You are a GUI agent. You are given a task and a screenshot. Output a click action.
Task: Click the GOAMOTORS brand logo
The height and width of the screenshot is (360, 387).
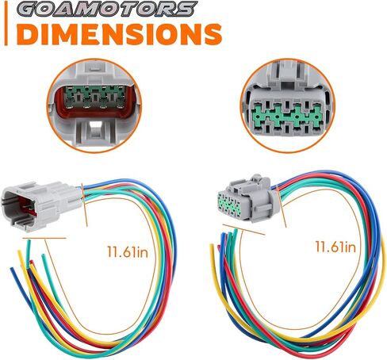coord(108,9)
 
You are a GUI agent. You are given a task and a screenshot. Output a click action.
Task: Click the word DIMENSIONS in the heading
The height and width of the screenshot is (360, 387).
coord(121,34)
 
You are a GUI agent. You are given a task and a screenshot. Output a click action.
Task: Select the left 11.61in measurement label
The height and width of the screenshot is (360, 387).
coord(128,251)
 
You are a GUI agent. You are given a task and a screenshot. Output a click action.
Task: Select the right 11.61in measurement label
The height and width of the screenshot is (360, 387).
coord(335,247)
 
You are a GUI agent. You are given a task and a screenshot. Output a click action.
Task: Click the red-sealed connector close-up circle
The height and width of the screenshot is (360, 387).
coord(94,105)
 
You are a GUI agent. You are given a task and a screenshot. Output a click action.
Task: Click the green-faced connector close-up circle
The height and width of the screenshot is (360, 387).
coord(288,105)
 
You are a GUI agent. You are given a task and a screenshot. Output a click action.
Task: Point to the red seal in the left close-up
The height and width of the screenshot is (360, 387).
coord(94,101)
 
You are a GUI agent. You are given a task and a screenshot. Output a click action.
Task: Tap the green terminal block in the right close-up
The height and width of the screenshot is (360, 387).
coord(287,117)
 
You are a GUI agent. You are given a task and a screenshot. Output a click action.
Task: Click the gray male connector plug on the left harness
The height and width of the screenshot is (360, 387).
coord(42,205)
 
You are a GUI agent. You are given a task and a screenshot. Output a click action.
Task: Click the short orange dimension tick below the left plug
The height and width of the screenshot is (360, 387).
coord(44,239)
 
